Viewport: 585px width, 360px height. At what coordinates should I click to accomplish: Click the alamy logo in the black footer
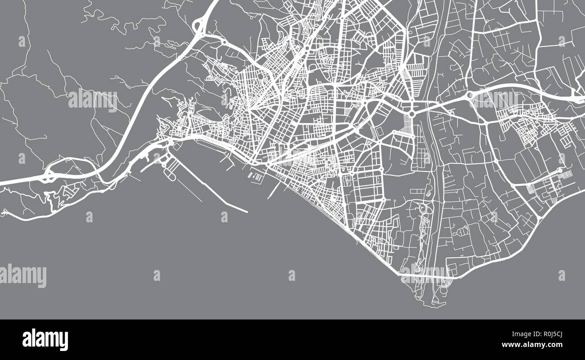tap(45, 340)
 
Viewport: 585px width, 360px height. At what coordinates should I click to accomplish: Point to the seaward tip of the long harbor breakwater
tap(247, 211)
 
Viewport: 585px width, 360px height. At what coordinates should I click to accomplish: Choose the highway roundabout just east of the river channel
tap(471, 95)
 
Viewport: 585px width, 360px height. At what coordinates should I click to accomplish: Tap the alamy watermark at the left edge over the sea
tap(23, 275)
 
